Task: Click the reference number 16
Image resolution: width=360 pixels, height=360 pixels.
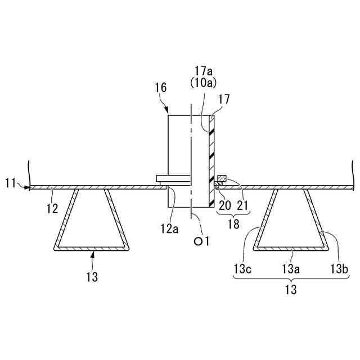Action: point(160,87)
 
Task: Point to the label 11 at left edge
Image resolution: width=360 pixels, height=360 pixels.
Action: point(11,183)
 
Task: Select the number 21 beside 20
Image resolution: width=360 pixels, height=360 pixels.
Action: point(242,205)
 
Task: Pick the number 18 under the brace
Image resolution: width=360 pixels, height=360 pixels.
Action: point(232,224)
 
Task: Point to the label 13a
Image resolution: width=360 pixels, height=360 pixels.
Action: point(290,270)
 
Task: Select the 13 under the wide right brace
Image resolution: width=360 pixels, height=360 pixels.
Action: point(290,290)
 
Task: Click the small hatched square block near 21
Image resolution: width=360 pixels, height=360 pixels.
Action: point(222,179)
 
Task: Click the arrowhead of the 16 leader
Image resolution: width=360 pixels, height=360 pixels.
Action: point(168,111)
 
